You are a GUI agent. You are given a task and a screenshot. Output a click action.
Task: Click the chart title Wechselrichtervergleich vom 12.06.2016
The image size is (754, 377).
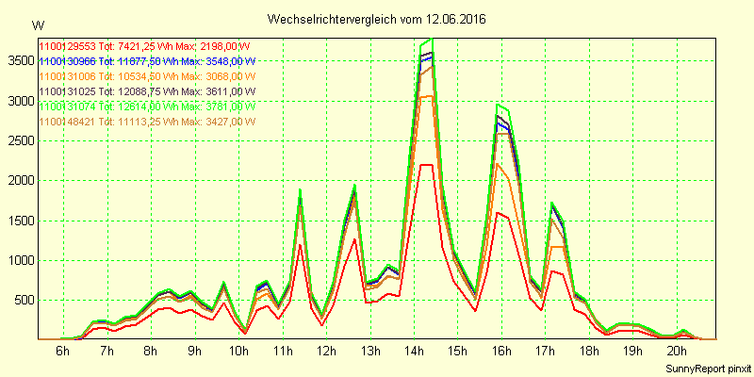pyautogui.click(x=377, y=19)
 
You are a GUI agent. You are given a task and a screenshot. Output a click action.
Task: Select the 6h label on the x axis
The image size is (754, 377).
pyautogui.click(x=62, y=351)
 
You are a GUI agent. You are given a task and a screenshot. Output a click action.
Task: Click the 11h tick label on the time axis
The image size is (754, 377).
pyautogui.click(x=282, y=351)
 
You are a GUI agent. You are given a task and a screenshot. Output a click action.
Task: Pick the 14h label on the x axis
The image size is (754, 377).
pyautogui.click(x=414, y=351)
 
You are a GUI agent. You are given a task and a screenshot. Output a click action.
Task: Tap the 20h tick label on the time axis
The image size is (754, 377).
pyautogui.click(x=678, y=351)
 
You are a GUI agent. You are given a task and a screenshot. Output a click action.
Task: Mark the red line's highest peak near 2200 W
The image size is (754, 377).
pyautogui.click(x=425, y=164)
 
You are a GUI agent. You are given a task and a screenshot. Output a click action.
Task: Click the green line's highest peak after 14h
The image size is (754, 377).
pyautogui.click(x=431, y=40)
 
